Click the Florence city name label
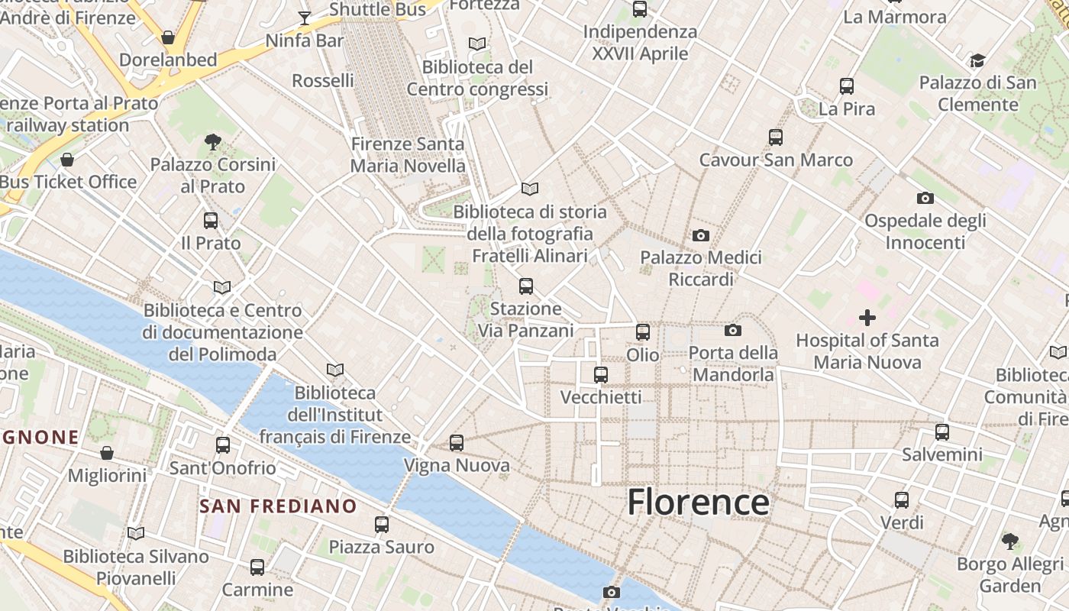click(698, 503)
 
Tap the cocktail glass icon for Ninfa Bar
click(305, 18)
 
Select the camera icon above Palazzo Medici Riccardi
click(701, 235)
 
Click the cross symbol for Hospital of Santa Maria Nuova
click(867, 317)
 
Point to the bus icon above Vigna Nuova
click(457, 442)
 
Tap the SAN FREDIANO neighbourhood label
click(278, 506)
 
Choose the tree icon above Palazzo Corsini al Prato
click(213, 141)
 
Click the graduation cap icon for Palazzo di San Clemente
click(977, 60)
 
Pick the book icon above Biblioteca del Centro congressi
click(477, 44)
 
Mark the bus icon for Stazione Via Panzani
click(525, 286)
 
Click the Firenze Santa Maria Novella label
click(407, 154)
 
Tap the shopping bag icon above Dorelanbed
click(168, 37)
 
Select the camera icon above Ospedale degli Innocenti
click(925, 199)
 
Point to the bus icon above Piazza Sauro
click(381, 525)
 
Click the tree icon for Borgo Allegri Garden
click(1009, 541)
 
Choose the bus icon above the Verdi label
click(902, 500)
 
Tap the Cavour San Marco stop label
click(776, 160)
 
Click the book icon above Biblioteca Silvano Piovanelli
click(136, 533)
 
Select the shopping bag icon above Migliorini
click(107, 453)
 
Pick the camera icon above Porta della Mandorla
click(733, 330)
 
